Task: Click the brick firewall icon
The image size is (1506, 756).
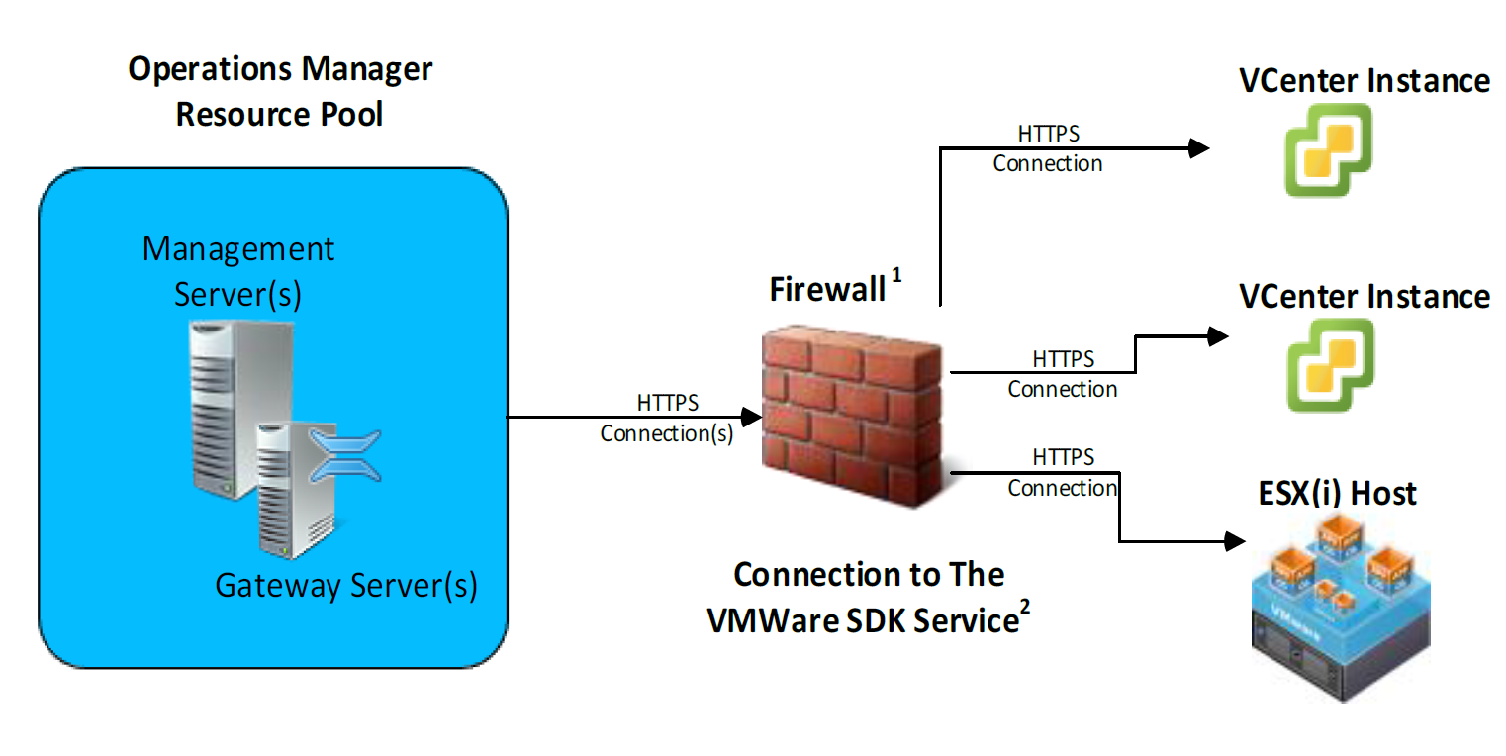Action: point(853,417)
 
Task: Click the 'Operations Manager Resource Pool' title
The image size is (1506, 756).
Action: point(280,91)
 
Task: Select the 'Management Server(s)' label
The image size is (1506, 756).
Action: point(238,270)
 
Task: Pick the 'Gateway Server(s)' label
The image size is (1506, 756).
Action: point(346,586)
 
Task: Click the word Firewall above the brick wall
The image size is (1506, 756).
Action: point(827,289)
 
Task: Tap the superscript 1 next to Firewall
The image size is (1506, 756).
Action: point(896,278)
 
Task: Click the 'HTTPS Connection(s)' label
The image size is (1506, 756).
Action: point(667,419)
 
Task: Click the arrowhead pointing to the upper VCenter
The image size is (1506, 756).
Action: point(1199,148)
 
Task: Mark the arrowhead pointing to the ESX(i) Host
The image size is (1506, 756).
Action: point(1233,541)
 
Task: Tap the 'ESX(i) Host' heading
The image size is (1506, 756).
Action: point(1338,493)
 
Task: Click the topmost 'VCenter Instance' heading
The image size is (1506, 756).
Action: point(1365,80)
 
